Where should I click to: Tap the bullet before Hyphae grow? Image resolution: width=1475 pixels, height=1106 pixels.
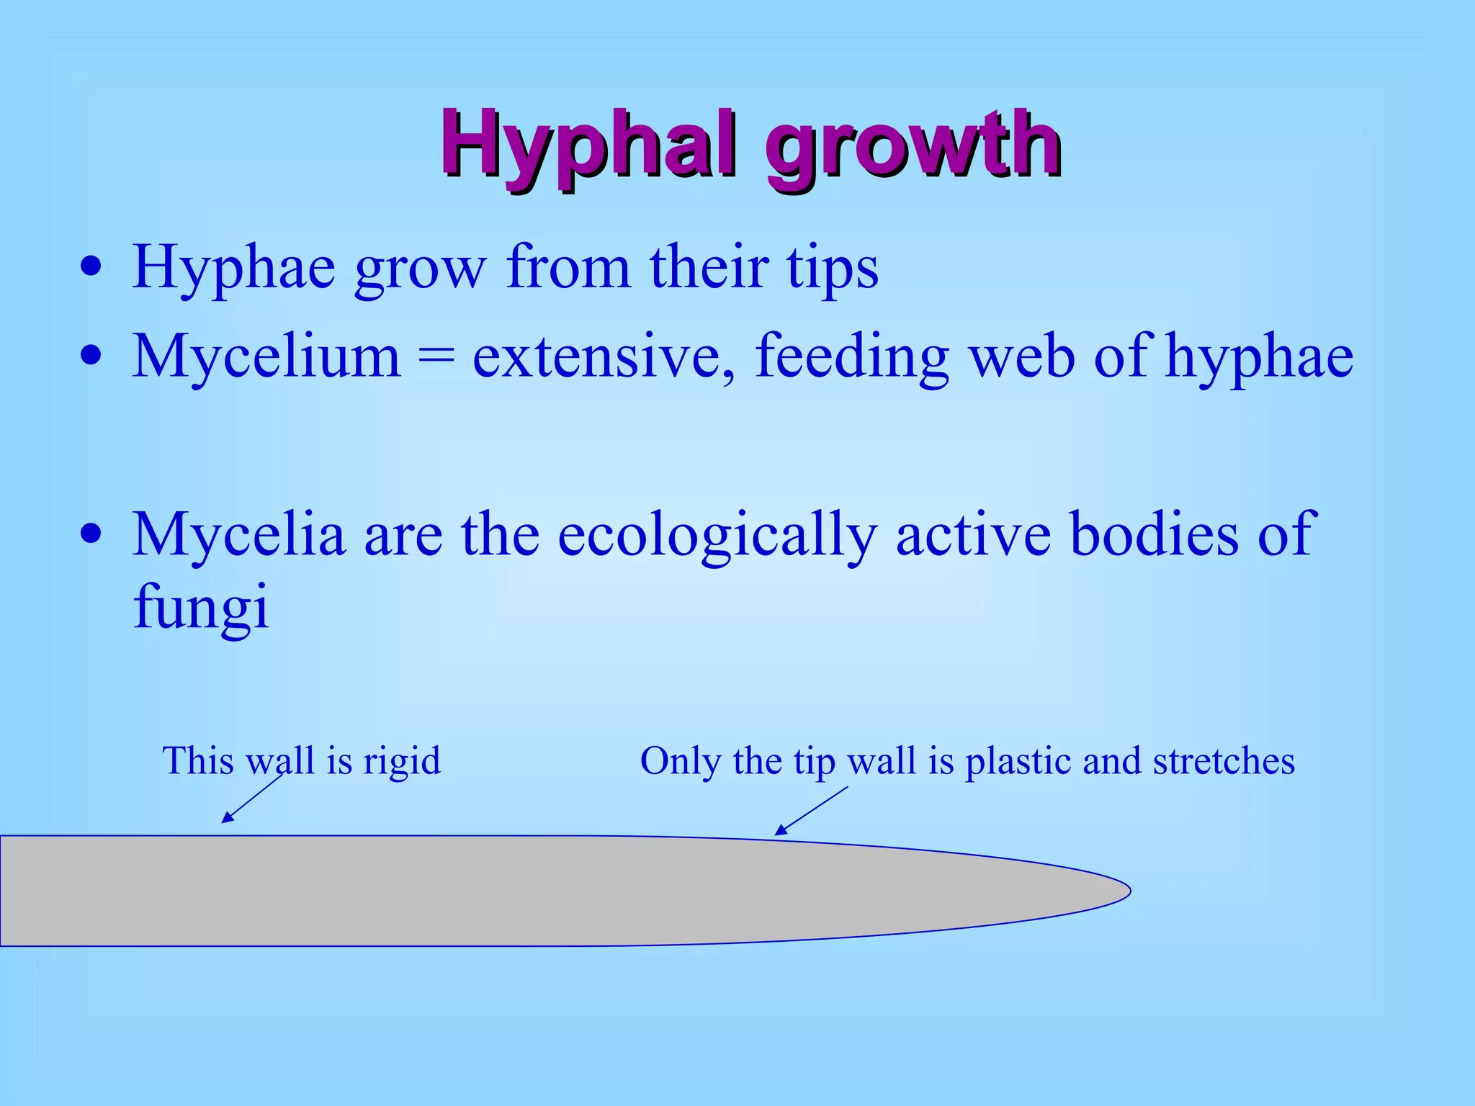(x=91, y=268)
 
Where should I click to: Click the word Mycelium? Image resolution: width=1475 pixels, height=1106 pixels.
(x=266, y=356)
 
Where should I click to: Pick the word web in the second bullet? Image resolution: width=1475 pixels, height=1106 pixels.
(x=1021, y=356)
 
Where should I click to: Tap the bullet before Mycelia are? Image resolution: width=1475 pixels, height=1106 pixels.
(x=91, y=535)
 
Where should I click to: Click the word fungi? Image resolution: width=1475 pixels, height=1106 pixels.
(x=201, y=607)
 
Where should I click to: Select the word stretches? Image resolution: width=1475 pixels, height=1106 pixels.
(x=1223, y=761)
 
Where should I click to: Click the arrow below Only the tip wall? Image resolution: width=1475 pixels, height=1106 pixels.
(x=811, y=811)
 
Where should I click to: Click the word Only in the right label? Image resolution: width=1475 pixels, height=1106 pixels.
(x=680, y=761)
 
